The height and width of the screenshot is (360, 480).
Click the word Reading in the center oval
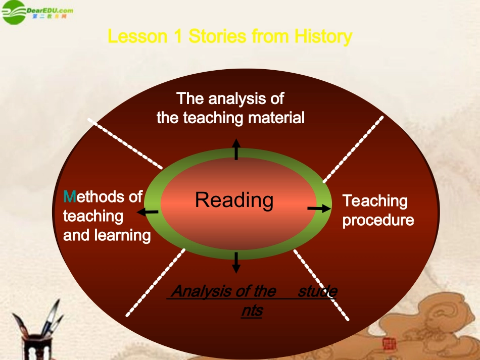[x=234, y=200]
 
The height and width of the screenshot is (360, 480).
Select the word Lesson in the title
[x=137, y=36]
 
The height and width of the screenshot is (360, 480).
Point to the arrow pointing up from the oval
[x=236, y=149]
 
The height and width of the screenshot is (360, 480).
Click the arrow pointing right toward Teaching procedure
[x=317, y=208]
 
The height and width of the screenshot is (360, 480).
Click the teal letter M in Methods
[x=69, y=196]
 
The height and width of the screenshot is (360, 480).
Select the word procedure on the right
[x=378, y=220]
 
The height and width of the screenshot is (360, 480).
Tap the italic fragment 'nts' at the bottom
[x=252, y=311]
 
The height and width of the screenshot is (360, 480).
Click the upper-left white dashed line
[x=125, y=143]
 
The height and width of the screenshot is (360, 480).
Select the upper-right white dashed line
[x=353, y=149]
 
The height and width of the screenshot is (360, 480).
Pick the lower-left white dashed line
[x=155, y=283]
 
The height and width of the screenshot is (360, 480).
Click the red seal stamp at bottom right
[x=390, y=345]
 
